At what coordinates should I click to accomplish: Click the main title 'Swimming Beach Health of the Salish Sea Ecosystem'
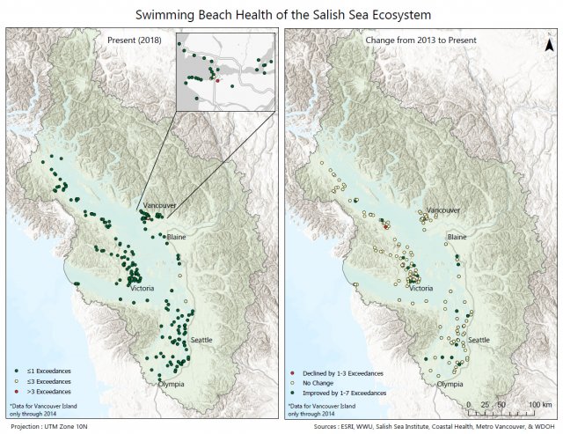point(281,14)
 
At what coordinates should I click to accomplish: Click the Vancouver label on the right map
point(443,211)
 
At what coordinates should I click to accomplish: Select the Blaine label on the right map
point(457,237)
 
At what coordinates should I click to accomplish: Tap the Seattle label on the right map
point(479,339)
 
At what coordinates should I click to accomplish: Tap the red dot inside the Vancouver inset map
point(216,78)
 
